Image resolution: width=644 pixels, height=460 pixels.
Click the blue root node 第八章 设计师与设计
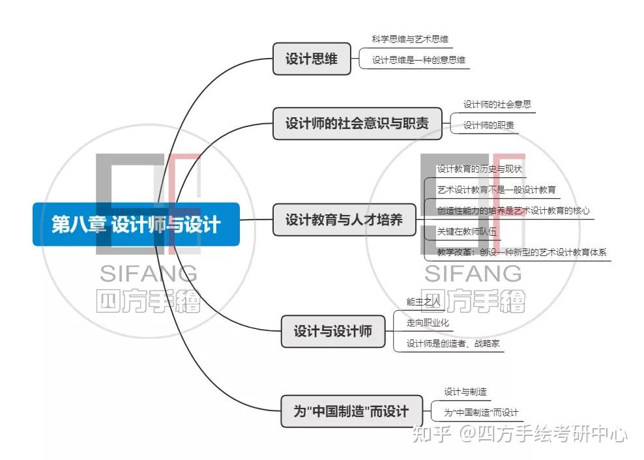[136, 225]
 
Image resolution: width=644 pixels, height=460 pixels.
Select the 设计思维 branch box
[312, 59]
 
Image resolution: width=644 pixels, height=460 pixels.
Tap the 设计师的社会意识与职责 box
[357, 123]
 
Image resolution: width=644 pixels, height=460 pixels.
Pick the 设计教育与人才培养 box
[344, 220]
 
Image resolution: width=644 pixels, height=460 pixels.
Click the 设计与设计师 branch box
[332, 331]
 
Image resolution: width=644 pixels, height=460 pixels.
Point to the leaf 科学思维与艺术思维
[410, 39]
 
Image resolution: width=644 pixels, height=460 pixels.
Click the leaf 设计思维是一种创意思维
[418, 60]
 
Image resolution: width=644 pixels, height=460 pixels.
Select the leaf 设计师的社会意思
[497, 104]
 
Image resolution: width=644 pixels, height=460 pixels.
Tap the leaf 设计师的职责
[488, 125]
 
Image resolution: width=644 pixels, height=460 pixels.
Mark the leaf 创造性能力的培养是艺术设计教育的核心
[514, 210]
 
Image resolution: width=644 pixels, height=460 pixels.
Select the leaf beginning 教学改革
[521, 252]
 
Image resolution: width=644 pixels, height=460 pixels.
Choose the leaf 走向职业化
[428, 322]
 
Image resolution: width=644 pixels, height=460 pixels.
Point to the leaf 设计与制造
[465, 392]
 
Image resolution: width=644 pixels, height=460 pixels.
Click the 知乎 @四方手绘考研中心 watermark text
[524, 433]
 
